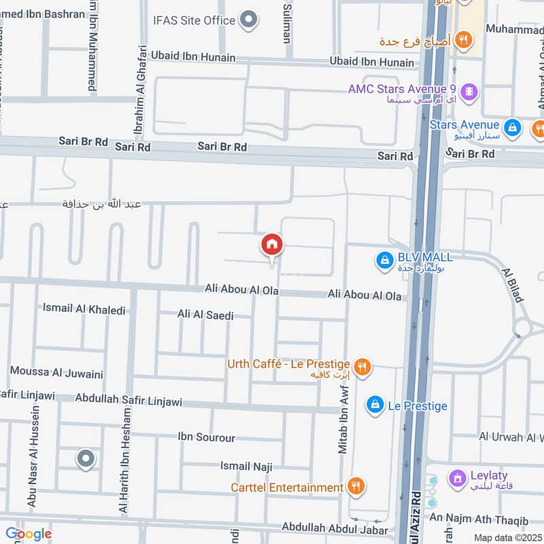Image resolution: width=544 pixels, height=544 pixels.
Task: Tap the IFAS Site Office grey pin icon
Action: point(250,20)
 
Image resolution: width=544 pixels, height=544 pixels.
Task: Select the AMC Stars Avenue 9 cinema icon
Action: point(469,90)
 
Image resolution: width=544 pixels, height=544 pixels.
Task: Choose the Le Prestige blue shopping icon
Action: point(374,405)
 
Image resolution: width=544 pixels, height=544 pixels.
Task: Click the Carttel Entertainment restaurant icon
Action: point(355,486)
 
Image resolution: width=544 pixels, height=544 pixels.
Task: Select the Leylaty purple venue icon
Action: point(459,477)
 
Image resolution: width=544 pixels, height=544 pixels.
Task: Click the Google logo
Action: point(29,534)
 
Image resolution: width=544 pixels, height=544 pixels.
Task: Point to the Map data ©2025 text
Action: point(507,537)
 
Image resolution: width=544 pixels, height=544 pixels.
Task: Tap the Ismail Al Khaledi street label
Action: point(84,309)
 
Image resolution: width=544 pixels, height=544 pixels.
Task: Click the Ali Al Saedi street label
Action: point(205,315)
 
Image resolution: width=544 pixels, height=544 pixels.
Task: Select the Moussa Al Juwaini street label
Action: point(56,373)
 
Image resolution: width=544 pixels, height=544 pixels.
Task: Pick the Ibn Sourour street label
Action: point(206,437)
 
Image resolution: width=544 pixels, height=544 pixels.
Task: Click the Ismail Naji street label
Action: point(246,466)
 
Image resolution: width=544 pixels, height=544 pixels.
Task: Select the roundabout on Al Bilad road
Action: point(522,328)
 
